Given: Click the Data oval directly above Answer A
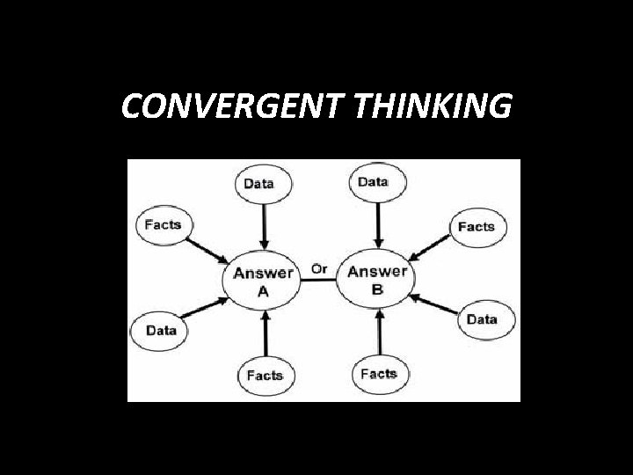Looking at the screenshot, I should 258,183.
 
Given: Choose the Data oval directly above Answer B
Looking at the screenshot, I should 374,181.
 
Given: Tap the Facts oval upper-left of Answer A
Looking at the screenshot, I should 163,224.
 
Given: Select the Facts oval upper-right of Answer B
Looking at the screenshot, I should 477,226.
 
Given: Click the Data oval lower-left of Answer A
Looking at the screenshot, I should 161,331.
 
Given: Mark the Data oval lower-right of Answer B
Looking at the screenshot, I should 482,319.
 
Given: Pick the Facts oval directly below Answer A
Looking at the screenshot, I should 265,375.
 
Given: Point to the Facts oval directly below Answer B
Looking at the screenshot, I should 379,374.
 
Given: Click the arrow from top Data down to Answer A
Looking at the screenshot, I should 261,225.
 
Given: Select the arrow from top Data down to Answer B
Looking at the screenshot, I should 377,223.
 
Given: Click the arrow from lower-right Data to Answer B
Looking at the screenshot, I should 434,306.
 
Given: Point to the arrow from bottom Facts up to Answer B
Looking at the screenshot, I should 379,332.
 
